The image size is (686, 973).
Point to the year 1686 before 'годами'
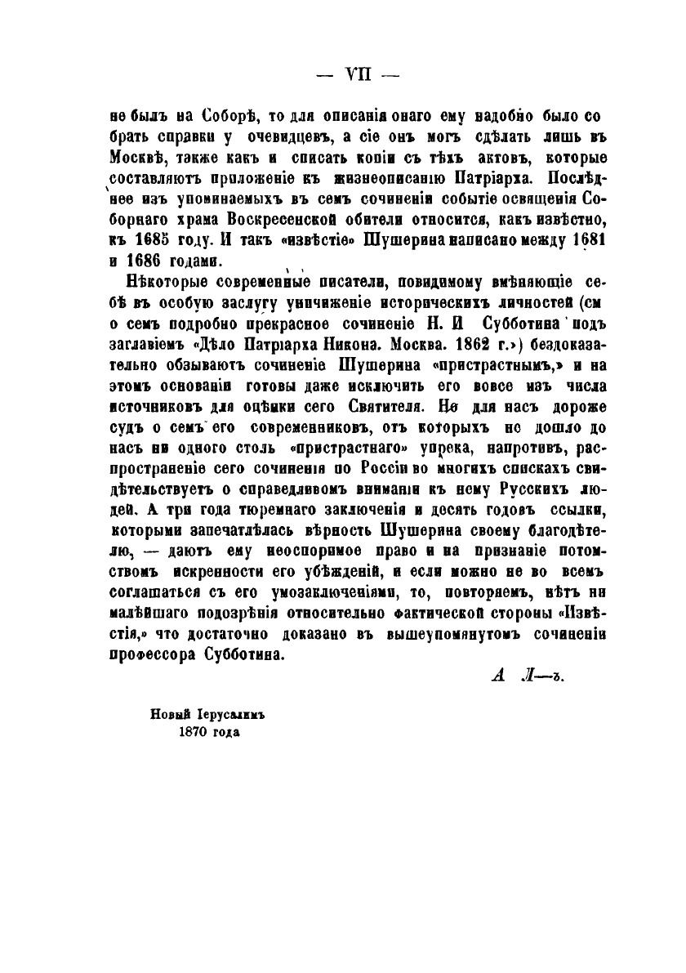coord(144,261)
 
